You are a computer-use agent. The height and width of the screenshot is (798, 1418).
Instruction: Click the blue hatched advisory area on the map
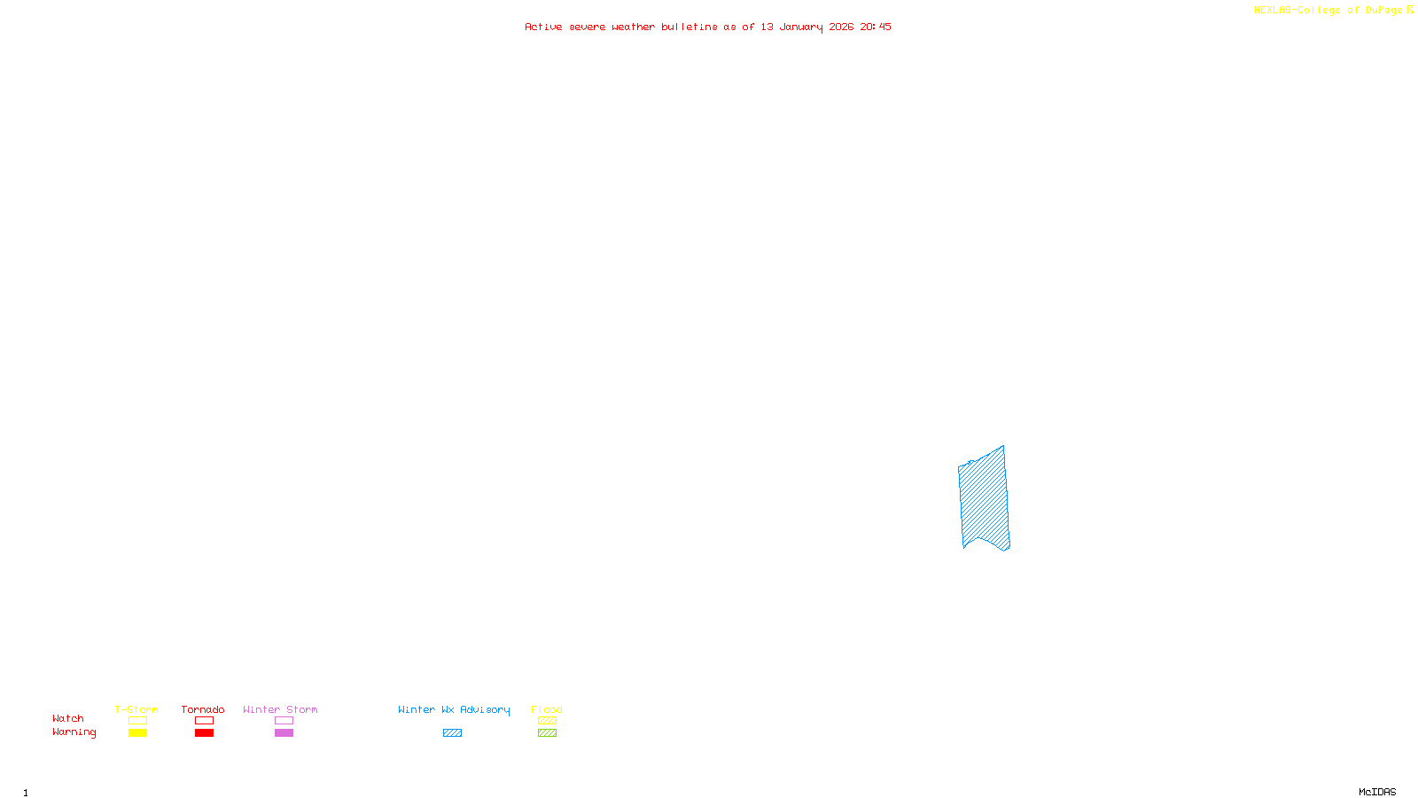(984, 498)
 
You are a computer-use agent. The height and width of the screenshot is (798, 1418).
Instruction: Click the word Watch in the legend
(68, 718)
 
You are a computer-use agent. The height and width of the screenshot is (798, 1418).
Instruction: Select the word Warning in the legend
(74, 732)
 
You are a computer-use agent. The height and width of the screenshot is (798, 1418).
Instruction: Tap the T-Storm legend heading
(136, 709)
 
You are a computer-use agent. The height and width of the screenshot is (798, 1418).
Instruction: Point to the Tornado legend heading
(203, 709)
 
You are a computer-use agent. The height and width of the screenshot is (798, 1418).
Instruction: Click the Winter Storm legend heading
(280, 709)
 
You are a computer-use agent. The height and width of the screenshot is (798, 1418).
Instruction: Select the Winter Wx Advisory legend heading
(454, 709)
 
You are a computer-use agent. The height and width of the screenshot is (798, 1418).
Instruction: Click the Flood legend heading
(547, 709)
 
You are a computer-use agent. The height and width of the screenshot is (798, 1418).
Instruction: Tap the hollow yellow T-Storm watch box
(137, 721)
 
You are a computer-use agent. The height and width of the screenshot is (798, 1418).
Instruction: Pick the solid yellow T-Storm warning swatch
(137, 733)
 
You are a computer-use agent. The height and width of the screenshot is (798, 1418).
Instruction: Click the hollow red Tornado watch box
(204, 721)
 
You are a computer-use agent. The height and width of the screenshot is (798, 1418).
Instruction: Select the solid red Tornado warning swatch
(204, 733)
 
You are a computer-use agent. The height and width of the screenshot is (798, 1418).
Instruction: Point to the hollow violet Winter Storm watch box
(284, 721)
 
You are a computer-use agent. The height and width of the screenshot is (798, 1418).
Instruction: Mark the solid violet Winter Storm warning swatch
(284, 733)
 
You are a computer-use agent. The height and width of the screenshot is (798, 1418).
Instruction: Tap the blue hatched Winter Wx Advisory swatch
(452, 733)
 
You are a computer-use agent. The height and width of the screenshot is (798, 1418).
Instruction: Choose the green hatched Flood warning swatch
(547, 733)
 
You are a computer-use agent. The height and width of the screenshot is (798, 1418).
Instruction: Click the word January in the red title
(800, 27)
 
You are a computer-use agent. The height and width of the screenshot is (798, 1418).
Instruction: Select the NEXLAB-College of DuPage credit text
(1328, 11)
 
